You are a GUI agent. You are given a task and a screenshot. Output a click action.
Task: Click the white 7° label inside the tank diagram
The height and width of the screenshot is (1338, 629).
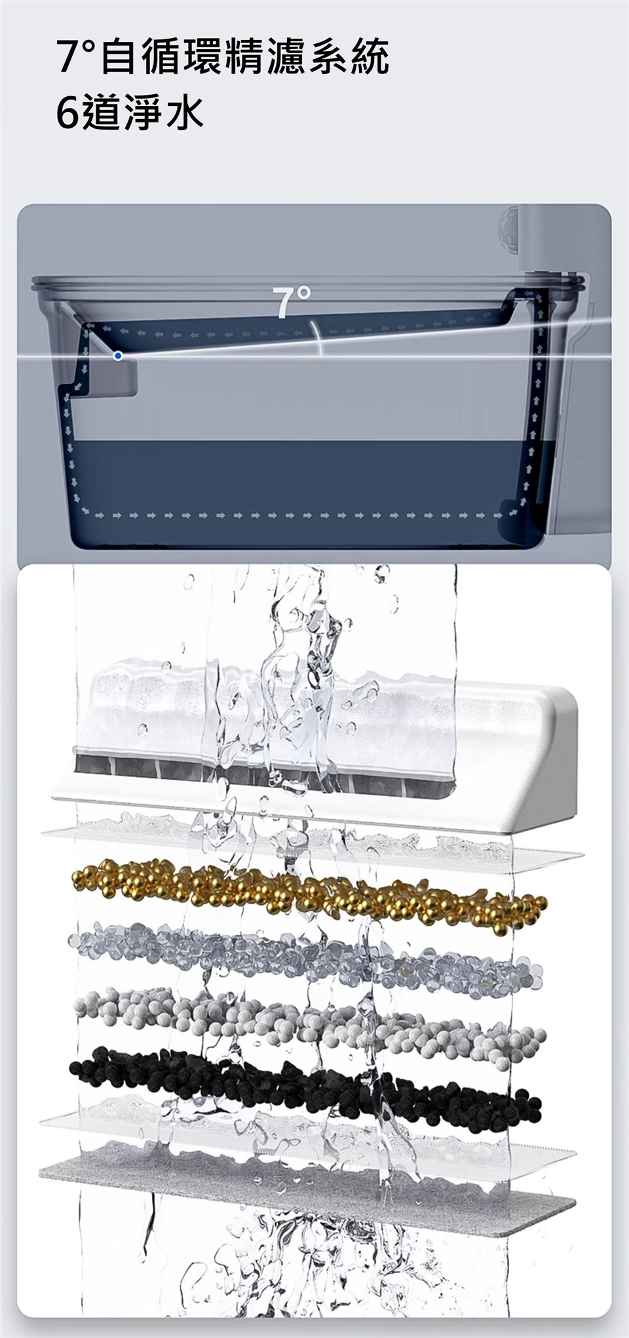tap(292, 302)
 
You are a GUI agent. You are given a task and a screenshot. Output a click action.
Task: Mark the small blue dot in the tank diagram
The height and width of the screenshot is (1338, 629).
tap(117, 355)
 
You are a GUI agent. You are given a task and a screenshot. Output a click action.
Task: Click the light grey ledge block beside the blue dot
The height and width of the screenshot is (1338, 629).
tap(117, 376)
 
